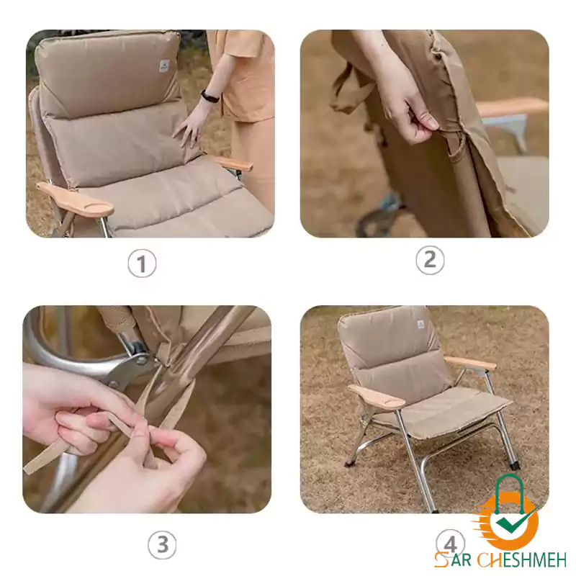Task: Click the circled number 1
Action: click(x=142, y=263)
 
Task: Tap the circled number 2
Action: click(x=430, y=260)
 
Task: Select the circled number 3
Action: click(x=163, y=544)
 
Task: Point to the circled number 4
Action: click(x=451, y=544)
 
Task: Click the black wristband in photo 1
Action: click(x=210, y=96)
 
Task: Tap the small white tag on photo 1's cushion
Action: click(x=164, y=66)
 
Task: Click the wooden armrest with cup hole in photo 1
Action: click(x=76, y=199)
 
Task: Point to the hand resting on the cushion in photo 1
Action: click(x=189, y=127)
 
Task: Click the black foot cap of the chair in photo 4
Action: click(x=515, y=466)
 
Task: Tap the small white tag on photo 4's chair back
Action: click(x=420, y=325)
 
